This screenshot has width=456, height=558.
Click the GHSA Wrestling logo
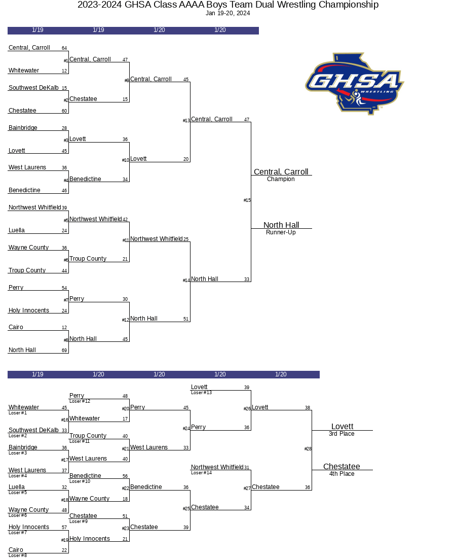coord(354,83)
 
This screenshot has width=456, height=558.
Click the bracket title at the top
coord(228,5)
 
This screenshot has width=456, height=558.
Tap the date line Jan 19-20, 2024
coord(228,13)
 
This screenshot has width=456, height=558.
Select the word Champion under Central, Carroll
coord(281,179)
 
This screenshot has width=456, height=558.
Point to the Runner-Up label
coord(281,232)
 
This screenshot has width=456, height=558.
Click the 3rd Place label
coord(341,434)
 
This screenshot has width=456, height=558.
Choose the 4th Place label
coord(341,474)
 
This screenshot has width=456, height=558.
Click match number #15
coord(247,200)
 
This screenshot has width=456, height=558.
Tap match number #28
coord(308,449)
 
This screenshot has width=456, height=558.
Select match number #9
coord(127,81)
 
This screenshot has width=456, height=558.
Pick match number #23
coord(126,529)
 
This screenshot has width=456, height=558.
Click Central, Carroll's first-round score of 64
coord(64,48)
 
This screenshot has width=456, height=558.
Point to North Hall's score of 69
coord(64,351)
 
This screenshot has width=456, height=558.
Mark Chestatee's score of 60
coord(64,111)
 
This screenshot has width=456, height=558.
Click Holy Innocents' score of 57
coord(64,528)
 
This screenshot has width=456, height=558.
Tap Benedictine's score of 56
coord(125,476)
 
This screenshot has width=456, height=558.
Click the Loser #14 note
coord(201,473)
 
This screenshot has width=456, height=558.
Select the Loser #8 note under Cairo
coord(18,555)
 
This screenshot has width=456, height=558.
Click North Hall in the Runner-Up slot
coord(281,225)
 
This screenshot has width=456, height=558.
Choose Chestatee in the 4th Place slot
coord(341,467)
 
